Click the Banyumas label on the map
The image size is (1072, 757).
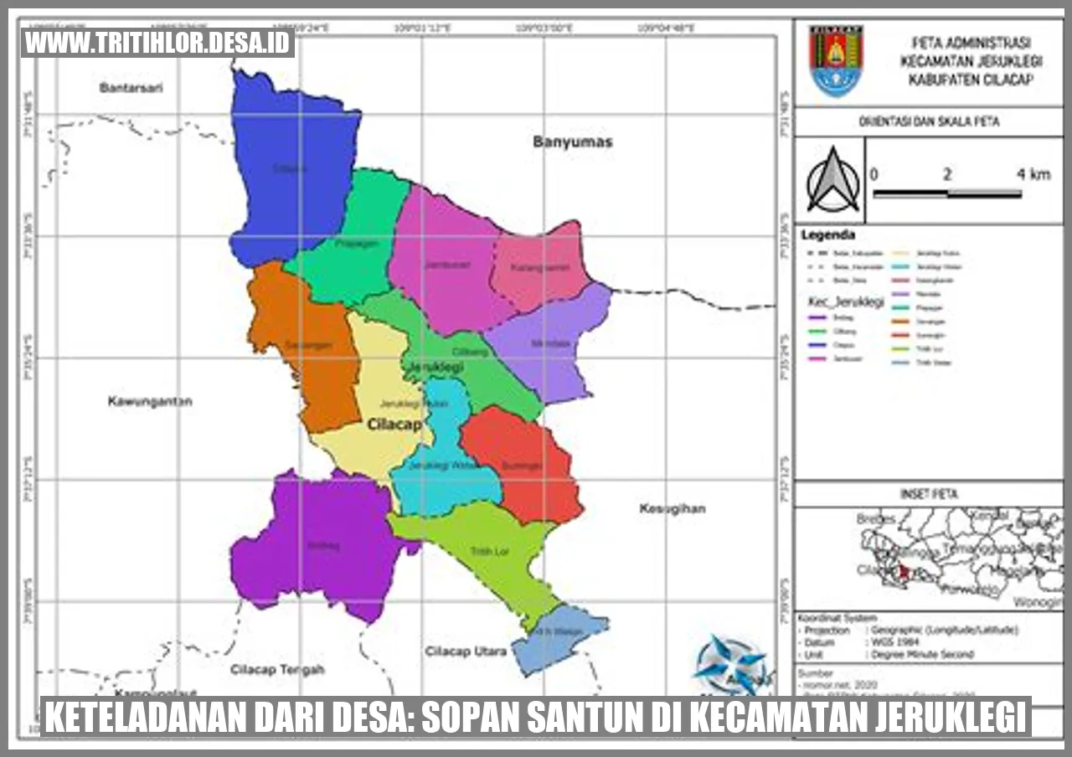[572, 142]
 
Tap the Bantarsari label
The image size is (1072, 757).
[130, 87]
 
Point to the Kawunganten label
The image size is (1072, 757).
[150, 401]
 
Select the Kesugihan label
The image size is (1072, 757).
[673, 508]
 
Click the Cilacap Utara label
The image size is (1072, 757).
[466, 651]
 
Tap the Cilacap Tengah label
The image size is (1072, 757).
[277, 669]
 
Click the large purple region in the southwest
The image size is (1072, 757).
[322, 544]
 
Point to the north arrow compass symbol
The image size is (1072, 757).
[832, 180]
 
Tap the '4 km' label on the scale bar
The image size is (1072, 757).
[1033, 174]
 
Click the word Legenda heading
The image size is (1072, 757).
[828, 234]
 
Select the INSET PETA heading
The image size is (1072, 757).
[928, 494]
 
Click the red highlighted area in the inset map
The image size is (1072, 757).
[902, 572]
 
